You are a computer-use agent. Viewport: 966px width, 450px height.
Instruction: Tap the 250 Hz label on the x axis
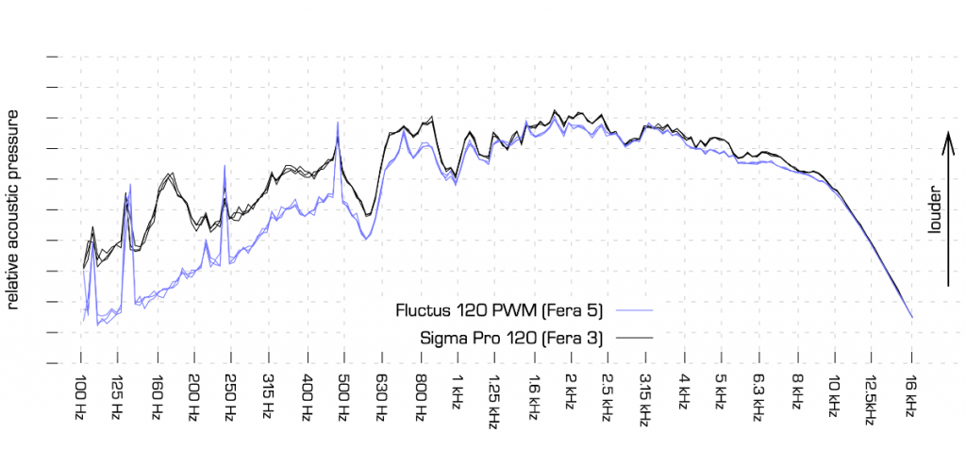coord(230,399)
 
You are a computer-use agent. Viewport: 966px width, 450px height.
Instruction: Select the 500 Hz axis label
coord(344,399)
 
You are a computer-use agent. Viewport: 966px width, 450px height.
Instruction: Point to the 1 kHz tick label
coord(458,396)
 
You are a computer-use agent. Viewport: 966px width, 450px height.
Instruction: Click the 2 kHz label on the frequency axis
coord(570,396)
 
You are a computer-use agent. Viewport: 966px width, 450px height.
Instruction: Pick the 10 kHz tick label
coord(834,399)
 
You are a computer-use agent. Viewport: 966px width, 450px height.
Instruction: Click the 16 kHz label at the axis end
coord(910,399)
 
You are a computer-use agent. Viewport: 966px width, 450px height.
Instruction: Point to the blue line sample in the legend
coord(634,309)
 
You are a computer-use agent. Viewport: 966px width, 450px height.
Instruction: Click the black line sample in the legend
coord(634,337)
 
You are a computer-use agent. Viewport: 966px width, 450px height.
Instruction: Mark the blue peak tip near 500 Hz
coord(338,123)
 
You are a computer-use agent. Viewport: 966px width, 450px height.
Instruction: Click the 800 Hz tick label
coord(420,399)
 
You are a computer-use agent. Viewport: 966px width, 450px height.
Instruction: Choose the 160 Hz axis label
coord(156,399)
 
